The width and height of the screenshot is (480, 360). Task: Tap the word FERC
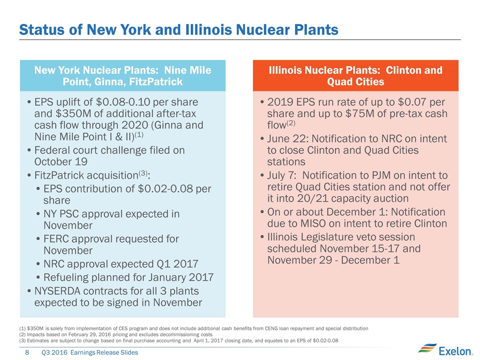click(59, 239)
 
